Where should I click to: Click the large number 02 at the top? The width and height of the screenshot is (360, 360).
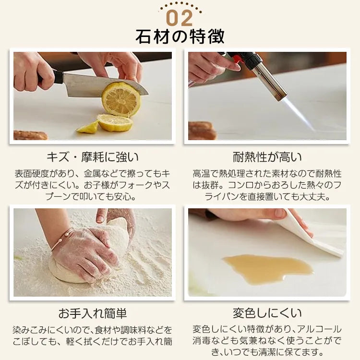pos(180,18)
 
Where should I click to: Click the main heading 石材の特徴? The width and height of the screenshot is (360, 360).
pos(180,37)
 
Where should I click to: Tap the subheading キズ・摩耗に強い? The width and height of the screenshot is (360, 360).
pos(93,157)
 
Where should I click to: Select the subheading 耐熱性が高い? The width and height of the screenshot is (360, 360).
pos(267,157)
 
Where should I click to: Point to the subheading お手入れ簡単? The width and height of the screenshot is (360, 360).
pos(93,313)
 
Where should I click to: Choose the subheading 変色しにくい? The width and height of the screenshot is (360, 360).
pos(267,313)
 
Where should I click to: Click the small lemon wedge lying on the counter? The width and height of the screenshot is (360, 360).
pos(88,127)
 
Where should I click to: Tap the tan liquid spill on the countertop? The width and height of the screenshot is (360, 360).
pos(268,269)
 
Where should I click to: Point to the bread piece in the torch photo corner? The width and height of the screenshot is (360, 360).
pos(202,131)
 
